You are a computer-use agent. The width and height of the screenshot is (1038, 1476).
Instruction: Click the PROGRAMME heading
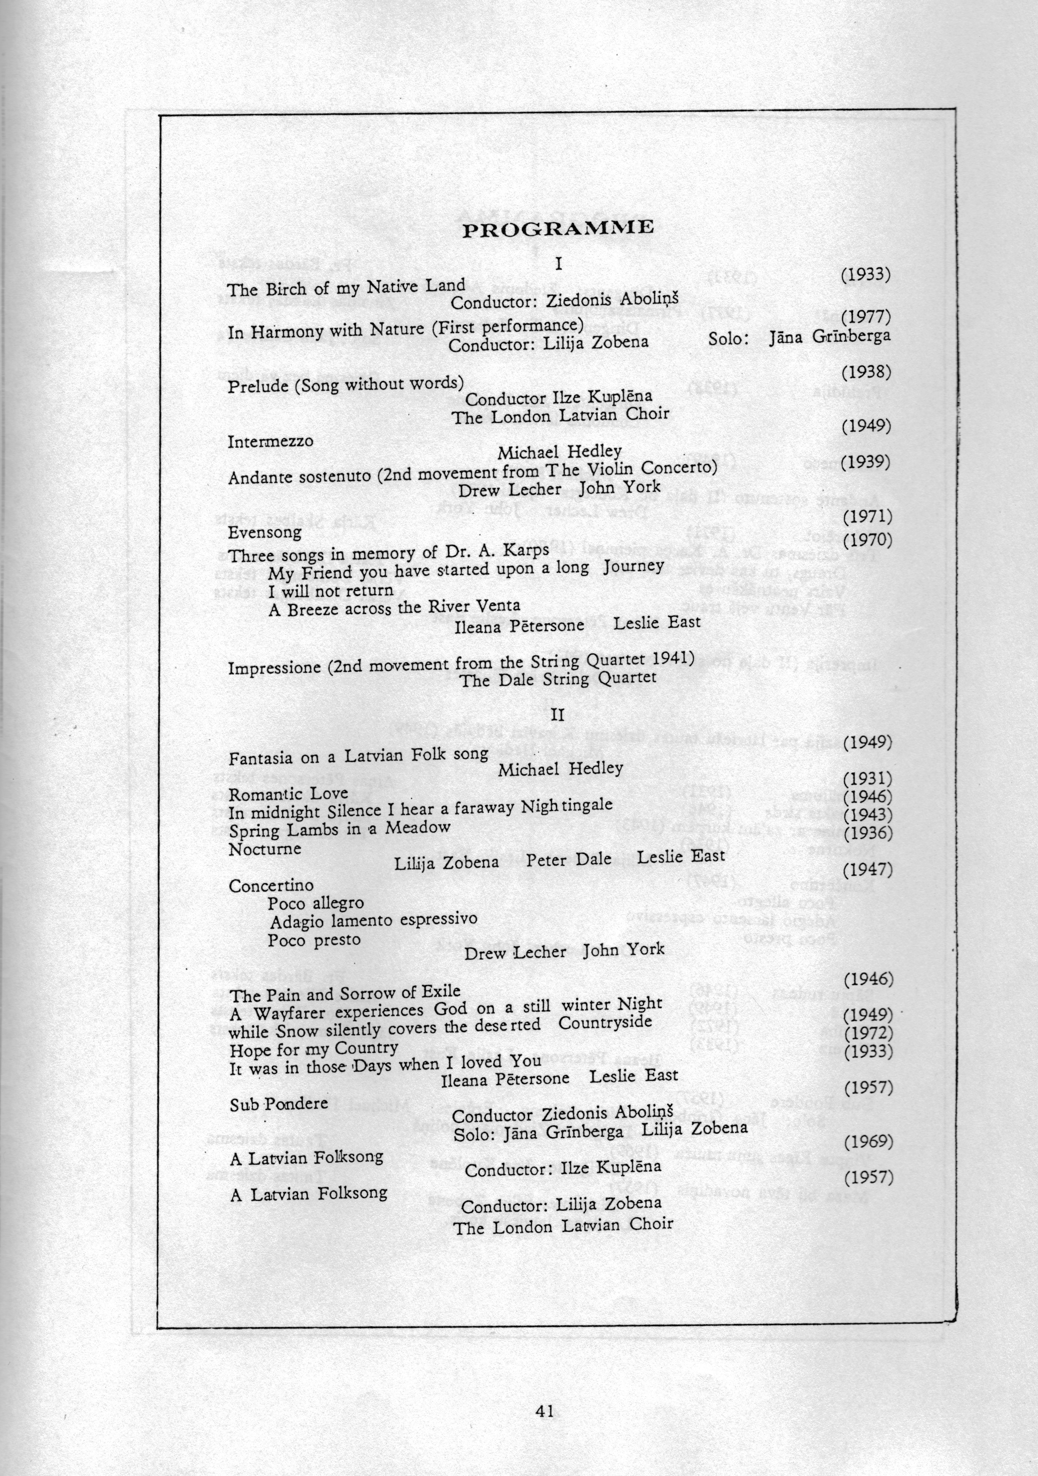click(558, 228)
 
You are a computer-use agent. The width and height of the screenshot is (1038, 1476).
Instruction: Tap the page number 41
click(544, 1411)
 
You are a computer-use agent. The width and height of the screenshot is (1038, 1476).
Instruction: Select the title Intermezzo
click(271, 442)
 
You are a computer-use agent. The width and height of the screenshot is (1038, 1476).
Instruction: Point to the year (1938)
click(866, 372)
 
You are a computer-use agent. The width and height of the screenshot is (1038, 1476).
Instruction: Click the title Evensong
click(264, 532)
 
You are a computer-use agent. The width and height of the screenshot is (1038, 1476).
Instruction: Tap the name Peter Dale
click(569, 860)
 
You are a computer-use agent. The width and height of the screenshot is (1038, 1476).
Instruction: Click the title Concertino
click(271, 886)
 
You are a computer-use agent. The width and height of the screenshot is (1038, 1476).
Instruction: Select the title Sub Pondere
click(279, 1104)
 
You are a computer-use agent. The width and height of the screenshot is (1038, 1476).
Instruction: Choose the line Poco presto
click(314, 940)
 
